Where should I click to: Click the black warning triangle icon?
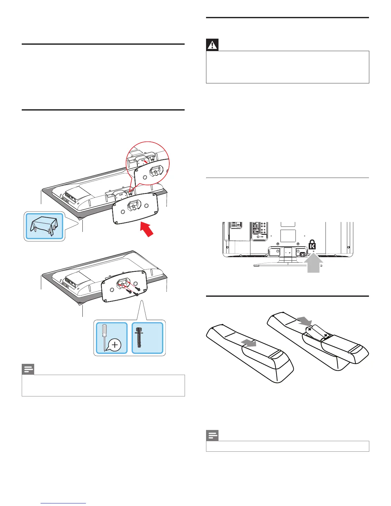(212, 45)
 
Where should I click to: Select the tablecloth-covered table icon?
(44, 226)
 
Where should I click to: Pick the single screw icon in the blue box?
(139, 338)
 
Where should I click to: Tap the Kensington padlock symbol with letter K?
(312, 245)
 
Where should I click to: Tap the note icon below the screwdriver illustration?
(28, 370)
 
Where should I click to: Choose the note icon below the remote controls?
(212, 436)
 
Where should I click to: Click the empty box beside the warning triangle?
(287, 67)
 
